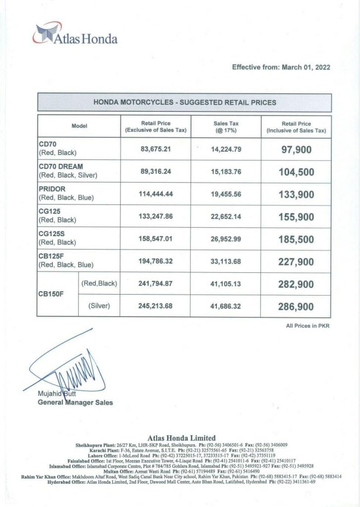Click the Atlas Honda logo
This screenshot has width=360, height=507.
tap(75, 36)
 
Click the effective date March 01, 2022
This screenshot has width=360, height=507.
tap(281, 67)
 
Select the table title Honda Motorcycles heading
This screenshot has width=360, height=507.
tap(185, 102)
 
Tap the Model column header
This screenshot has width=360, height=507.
tap(79, 126)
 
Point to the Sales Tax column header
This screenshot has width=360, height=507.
tap(225, 127)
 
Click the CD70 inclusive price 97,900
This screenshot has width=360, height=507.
tap(296, 149)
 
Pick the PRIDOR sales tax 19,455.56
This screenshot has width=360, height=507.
tap(225, 194)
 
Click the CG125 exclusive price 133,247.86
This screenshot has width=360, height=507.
tap(155, 216)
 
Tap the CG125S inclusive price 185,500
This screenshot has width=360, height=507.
tap(296, 239)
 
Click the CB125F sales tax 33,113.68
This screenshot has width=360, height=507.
tap(225, 261)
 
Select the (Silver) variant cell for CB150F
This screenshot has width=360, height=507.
tap(99, 306)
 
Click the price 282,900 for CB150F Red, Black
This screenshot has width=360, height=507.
tap(296, 284)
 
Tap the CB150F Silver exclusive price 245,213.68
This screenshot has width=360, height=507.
tap(155, 306)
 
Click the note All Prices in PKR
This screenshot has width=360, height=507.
tap(308, 325)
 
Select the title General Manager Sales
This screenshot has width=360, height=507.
tap(75, 403)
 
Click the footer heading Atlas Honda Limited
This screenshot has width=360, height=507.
tap(182, 438)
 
